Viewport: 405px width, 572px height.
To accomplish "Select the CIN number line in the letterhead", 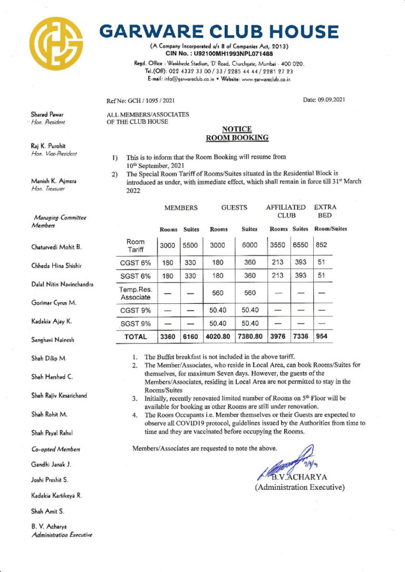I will (219, 54).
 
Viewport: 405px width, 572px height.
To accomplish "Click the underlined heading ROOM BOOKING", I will (237, 138).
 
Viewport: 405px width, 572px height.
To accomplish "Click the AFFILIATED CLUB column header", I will (285, 211).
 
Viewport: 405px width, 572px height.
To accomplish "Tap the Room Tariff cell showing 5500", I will (191, 245).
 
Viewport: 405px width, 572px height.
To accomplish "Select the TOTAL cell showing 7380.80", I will (249, 336).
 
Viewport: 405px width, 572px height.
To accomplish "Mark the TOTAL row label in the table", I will (135, 336).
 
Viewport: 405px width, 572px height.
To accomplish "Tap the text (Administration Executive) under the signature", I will (300, 488).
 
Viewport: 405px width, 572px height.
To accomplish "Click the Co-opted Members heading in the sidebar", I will (53, 449).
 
